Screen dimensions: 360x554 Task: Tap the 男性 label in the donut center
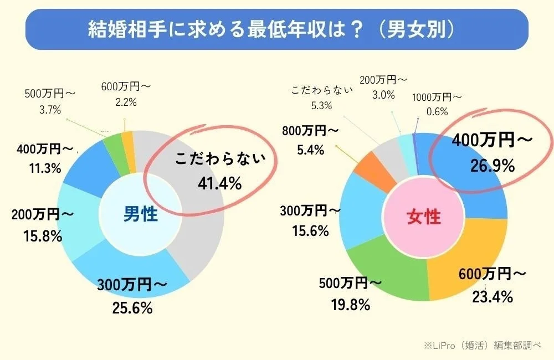(140, 214)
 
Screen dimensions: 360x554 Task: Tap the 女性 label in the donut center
(424, 217)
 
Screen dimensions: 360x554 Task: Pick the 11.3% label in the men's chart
(45, 168)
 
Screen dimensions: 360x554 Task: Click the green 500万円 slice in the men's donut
(114, 144)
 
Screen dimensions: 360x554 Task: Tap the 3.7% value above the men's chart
(50, 109)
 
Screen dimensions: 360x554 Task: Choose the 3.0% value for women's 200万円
(384, 95)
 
